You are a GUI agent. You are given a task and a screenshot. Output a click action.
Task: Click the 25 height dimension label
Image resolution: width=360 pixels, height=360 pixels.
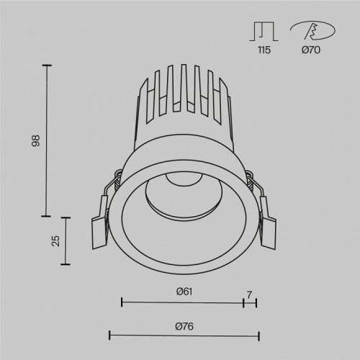(x=55, y=240)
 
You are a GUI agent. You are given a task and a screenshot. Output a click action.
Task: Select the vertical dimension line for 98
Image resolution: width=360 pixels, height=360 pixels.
(x=48, y=140)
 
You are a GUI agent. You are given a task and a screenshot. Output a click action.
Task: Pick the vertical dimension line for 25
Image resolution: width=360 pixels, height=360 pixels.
(x=68, y=240)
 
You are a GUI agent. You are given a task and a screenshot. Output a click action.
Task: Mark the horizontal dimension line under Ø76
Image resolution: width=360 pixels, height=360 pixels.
(x=184, y=336)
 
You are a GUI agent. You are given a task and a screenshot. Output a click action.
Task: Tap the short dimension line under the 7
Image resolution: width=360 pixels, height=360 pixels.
(x=250, y=302)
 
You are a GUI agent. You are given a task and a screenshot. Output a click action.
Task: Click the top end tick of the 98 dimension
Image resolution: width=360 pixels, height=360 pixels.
(x=48, y=66)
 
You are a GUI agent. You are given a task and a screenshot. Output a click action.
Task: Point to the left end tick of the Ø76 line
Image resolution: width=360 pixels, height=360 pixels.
(x=109, y=336)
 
